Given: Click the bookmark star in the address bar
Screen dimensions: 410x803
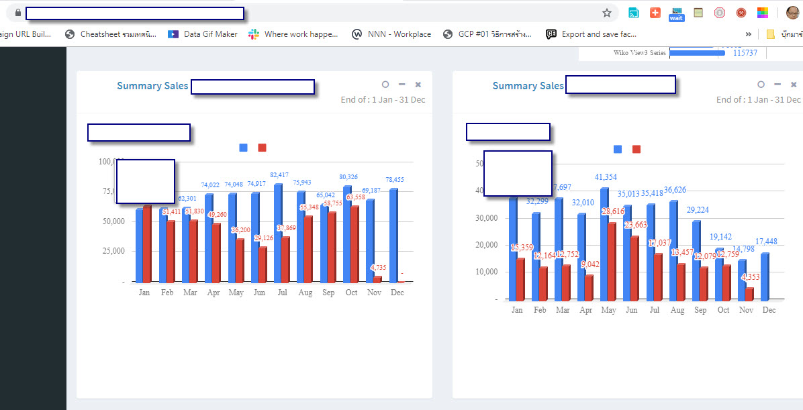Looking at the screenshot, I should click(607, 13).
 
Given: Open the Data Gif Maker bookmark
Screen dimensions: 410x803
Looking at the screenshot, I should click(203, 34).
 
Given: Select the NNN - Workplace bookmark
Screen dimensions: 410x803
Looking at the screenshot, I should click(391, 34).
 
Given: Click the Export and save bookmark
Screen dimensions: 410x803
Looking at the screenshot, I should click(591, 34).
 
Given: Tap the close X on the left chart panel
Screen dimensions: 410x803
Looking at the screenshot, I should click(418, 85).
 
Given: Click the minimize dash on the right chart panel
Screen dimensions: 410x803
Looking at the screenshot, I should click(777, 85).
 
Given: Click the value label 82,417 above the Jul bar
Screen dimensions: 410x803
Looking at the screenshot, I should click(279, 175).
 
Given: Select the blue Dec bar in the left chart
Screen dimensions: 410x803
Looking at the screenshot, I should click(393, 235).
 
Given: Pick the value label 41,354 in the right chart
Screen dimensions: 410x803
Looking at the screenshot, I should click(606, 177).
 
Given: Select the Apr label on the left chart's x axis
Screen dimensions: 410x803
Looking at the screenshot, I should click(213, 293).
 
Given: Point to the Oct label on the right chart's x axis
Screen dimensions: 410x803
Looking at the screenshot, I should click(723, 310).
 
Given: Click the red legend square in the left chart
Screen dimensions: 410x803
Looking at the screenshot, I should click(263, 148).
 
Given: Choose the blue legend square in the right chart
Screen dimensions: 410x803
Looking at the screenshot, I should click(618, 149).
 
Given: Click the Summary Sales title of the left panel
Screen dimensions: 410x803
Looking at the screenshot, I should click(152, 86).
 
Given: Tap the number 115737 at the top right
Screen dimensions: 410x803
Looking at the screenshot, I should click(745, 53).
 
